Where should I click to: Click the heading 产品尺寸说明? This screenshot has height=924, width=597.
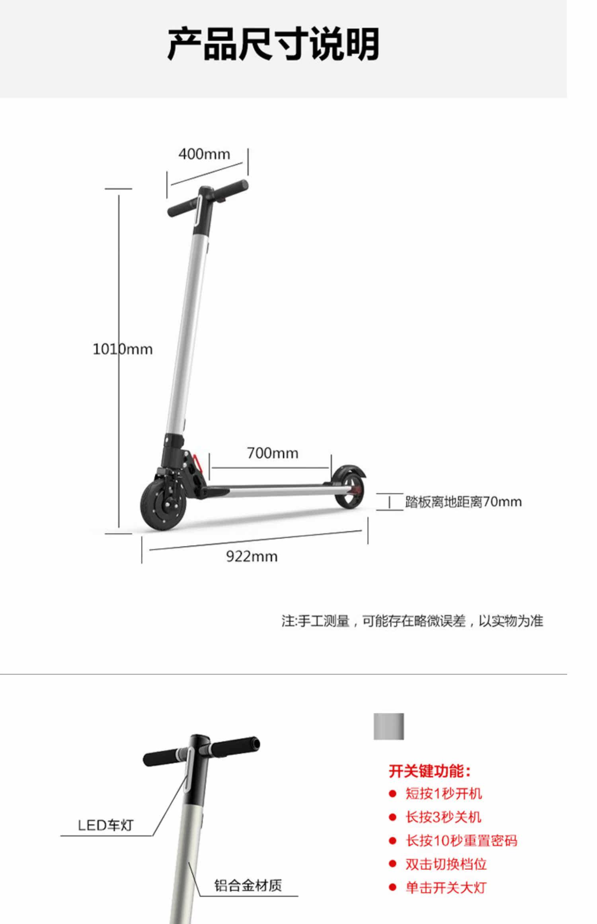tap(273, 44)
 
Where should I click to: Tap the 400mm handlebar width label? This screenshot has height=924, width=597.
tap(204, 154)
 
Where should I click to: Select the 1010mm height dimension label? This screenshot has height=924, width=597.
tap(123, 349)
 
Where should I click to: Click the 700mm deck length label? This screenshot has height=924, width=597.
tap(273, 453)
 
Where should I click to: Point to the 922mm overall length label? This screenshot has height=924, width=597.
tap(252, 556)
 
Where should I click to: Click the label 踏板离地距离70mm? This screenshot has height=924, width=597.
tap(463, 502)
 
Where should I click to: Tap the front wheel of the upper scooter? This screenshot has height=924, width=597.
tap(161, 505)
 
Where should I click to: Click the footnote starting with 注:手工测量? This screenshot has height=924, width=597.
tap(412, 621)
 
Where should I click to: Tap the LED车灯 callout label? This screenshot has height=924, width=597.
tap(105, 825)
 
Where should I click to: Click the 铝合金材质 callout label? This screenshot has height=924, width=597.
tap(248, 885)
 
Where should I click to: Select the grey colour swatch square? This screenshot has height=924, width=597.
tap(388, 727)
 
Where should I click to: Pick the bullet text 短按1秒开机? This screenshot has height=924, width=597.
tap(444, 794)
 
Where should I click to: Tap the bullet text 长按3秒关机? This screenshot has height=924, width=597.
tap(443, 817)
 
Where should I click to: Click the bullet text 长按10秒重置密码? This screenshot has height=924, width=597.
tap(461, 841)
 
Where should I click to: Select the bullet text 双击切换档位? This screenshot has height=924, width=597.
tap(446, 864)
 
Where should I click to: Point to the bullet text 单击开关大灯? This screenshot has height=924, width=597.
tap(446, 888)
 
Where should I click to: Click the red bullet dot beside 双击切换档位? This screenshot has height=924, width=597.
tap(393, 864)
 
